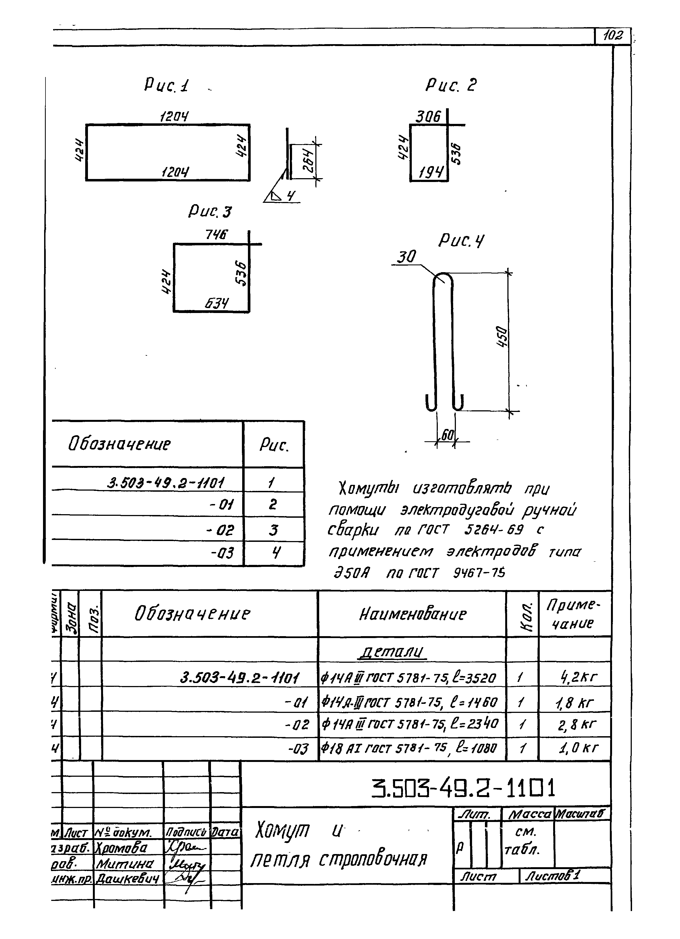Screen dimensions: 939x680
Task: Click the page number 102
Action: (x=613, y=36)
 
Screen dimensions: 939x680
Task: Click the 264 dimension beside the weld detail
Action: (x=308, y=161)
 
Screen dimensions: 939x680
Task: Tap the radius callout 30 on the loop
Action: (x=405, y=257)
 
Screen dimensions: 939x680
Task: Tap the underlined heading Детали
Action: (x=392, y=652)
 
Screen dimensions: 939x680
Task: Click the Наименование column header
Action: (x=412, y=614)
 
